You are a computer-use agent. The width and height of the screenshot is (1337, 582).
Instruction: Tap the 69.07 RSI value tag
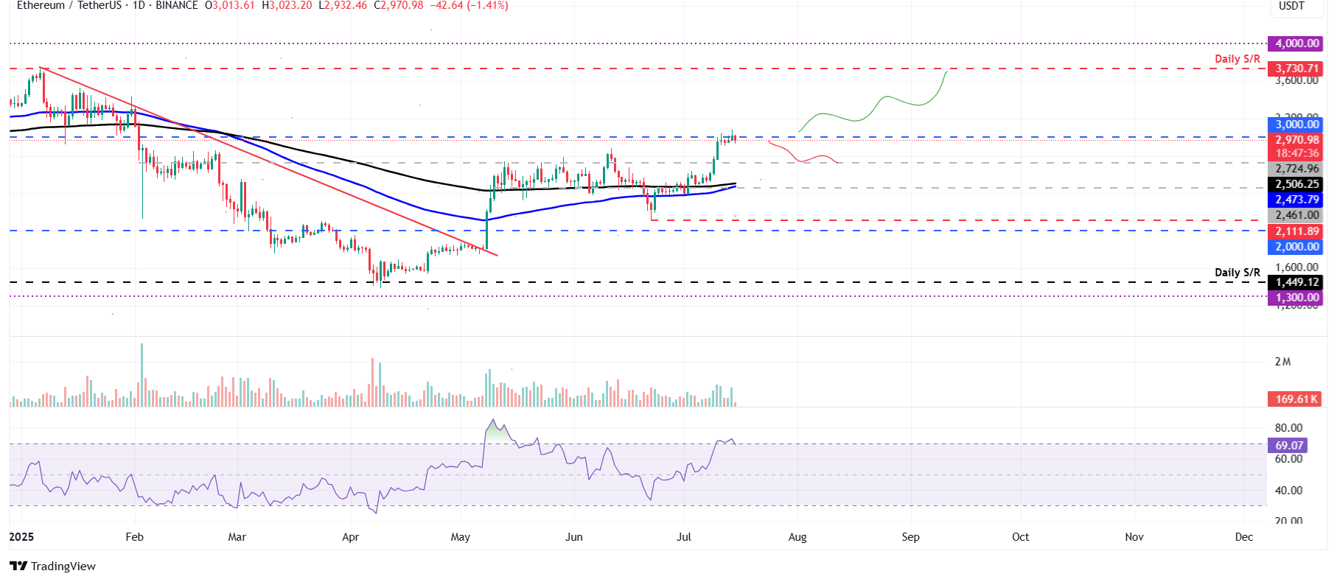tap(1288, 446)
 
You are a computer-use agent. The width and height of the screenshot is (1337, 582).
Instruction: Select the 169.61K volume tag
tap(1296, 399)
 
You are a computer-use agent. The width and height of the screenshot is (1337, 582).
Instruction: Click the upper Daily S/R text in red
tap(1237, 59)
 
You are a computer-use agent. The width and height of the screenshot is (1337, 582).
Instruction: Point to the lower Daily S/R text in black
tap(1237, 273)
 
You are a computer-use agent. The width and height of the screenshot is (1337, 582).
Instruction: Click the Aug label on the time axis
tap(797, 537)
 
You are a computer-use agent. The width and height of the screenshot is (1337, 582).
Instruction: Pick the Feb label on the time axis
tap(134, 537)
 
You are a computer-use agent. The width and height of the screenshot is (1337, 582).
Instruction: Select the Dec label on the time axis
tap(1244, 537)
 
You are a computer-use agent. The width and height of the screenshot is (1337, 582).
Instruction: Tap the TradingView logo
tap(53, 566)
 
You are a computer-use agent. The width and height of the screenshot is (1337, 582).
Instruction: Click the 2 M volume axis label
tap(1282, 362)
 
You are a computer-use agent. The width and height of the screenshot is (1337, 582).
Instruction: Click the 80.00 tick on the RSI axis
tap(1288, 428)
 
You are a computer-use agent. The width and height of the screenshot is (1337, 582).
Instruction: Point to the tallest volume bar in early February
tap(142, 374)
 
